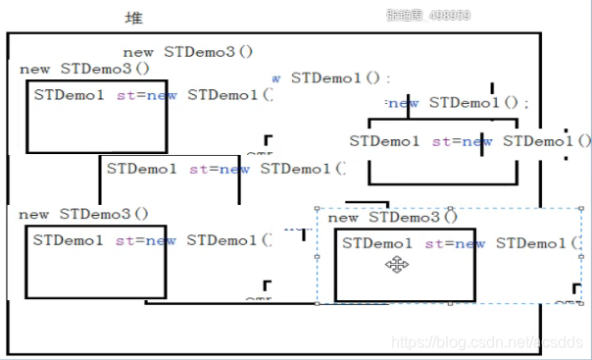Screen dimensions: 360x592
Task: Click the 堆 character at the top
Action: click(x=133, y=18)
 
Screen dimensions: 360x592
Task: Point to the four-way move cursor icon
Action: click(x=397, y=264)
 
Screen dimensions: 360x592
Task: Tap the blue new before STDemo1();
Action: click(x=404, y=102)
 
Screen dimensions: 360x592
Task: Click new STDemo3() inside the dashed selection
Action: click(x=393, y=217)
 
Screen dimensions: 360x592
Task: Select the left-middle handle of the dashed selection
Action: click(x=317, y=254)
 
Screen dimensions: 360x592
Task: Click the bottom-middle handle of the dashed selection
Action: click(x=449, y=303)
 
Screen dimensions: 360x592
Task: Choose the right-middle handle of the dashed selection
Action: click(x=582, y=254)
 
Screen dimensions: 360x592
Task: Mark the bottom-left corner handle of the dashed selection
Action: click(x=317, y=303)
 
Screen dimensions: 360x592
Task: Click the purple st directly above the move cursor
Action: click(x=432, y=243)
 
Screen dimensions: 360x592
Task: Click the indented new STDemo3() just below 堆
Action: click(x=188, y=51)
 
